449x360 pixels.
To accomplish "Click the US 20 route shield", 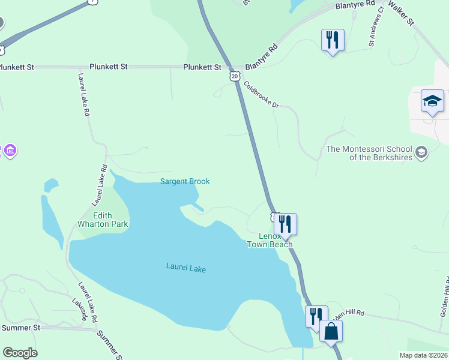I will coord(235,76).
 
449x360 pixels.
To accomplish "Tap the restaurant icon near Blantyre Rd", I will coord(333,40).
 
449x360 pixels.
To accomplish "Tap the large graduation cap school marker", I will coord(432,101).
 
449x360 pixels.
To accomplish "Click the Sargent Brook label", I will coord(185,181).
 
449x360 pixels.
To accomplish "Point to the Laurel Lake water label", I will coord(186,269).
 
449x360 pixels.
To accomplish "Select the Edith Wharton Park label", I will coord(103,220).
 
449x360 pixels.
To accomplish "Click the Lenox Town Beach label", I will coord(270,240).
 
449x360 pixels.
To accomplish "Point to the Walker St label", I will coord(402,12).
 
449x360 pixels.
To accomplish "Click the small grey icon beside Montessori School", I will coord(421,152).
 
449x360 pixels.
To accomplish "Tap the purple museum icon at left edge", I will coord(9,151).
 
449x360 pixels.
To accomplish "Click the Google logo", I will coord(20,353).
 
